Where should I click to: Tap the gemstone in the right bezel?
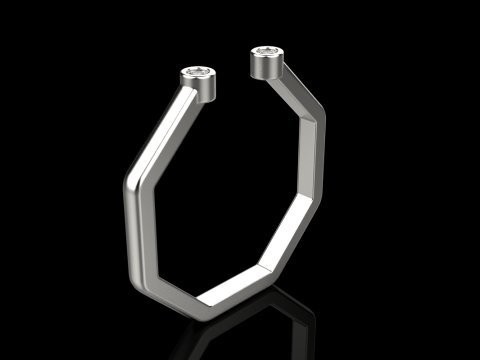point(267,50)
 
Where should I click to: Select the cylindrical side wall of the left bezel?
point(201,87)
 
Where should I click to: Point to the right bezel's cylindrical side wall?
point(267,67)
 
